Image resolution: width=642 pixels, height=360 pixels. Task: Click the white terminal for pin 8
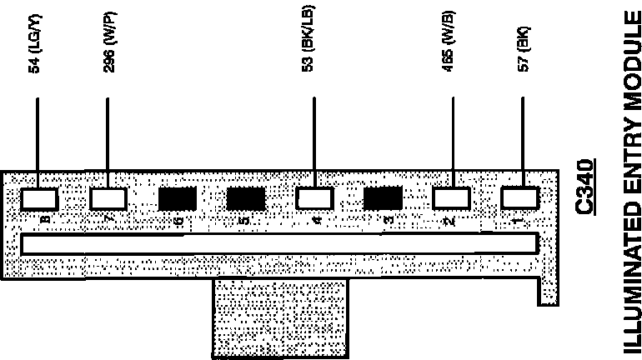[39, 198]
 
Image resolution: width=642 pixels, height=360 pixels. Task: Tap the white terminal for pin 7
[108, 198]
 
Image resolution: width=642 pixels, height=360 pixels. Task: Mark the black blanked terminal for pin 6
[177, 198]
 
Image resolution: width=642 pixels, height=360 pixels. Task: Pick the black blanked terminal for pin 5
[246, 198]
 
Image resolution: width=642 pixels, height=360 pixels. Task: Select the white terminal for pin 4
[314, 198]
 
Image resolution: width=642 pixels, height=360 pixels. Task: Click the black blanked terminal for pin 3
[384, 198]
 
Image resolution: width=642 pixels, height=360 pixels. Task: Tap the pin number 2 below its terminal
[450, 221]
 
